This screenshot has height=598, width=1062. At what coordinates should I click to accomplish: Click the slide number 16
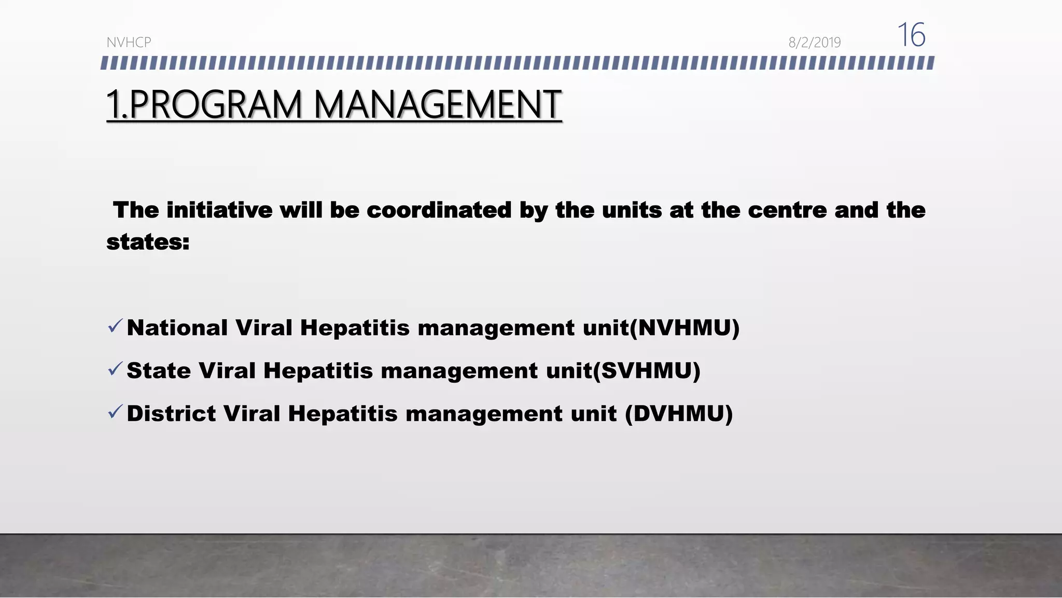click(911, 35)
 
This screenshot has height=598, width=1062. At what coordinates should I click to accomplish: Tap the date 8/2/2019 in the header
click(814, 43)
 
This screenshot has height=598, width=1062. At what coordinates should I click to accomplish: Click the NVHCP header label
click(129, 43)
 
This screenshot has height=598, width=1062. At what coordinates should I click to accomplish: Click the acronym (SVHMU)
click(647, 371)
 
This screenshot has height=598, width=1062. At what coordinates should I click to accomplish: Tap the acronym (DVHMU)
click(679, 414)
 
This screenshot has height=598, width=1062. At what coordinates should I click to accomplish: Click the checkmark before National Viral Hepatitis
click(115, 327)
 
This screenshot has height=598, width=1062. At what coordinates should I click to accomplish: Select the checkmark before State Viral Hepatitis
click(115, 369)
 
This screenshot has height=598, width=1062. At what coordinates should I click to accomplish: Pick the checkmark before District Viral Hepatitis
click(115, 412)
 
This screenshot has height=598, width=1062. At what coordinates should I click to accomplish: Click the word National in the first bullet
click(177, 328)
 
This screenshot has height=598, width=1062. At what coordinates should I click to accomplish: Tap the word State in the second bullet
click(159, 371)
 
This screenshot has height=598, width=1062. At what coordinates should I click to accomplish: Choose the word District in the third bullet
click(171, 414)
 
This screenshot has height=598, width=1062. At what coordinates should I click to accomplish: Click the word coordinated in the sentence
click(439, 210)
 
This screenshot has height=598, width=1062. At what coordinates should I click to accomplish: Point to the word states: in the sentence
click(148, 242)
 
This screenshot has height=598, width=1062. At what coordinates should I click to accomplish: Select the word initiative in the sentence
click(219, 210)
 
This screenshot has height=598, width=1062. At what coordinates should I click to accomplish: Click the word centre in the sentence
click(787, 210)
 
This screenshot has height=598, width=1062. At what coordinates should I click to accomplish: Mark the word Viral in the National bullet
click(264, 328)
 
